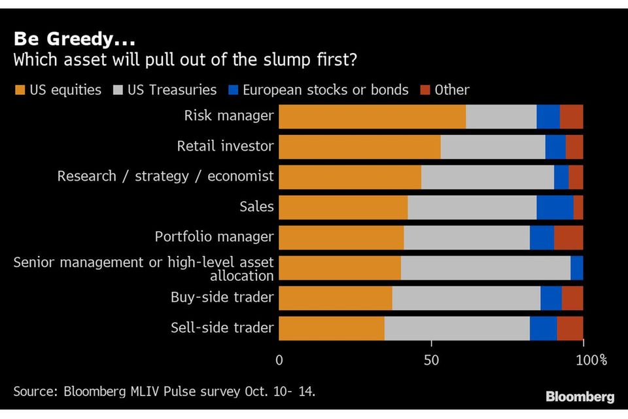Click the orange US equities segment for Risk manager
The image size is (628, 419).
[372, 117]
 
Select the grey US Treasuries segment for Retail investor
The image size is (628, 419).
[493, 147]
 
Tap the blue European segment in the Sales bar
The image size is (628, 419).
[555, 207]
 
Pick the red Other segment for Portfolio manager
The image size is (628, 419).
[568, 237]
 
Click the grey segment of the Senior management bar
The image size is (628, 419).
[485, 268]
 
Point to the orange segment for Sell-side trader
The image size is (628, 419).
[332, 327]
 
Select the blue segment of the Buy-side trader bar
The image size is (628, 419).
[551, 298]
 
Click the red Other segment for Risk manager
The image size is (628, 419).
[572, 117]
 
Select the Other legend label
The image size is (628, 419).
[452, 90]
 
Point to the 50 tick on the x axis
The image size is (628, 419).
[431, 360]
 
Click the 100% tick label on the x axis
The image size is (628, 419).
[591, 360]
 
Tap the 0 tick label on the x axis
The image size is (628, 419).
[280, 360]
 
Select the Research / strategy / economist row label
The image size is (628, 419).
[165, 177]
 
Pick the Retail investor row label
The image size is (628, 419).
[225, 147]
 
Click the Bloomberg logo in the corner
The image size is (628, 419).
[580, 397]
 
